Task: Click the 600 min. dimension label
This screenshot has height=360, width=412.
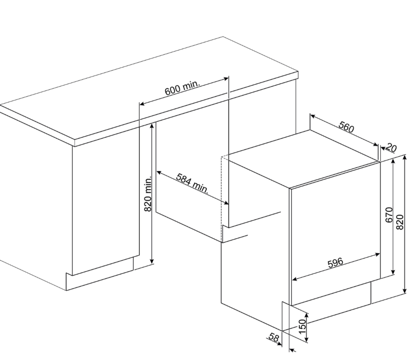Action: (x=183, y=88)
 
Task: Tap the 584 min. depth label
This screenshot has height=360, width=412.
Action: (x=192, y=183)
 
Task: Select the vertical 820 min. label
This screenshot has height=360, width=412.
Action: (x=148, y=194)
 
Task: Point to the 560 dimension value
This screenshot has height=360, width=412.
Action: (x=346, y=127)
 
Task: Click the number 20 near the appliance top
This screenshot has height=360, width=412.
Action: (x=392, y=148)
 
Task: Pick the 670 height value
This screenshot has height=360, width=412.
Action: (x=389, y=215)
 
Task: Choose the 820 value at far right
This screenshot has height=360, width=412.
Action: (x=400, y=222)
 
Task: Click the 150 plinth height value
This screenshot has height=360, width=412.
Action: (x=303, y=326)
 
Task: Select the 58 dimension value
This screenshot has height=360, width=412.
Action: (x=274, y=337)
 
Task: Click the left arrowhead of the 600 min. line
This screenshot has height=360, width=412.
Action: (x=142, y=104)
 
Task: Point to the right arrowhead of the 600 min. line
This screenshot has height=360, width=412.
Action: (x=226, y=78)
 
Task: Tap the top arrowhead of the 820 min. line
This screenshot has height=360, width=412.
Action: (x=152, y=127)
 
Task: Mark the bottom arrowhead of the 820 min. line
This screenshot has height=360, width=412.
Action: (x=152, y=261)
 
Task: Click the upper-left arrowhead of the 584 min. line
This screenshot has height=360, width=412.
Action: (x=159, y=172)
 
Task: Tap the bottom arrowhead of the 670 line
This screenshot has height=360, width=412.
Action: (x=393, y=272)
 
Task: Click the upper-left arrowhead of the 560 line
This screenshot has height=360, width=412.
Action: (x=313, y=116)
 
